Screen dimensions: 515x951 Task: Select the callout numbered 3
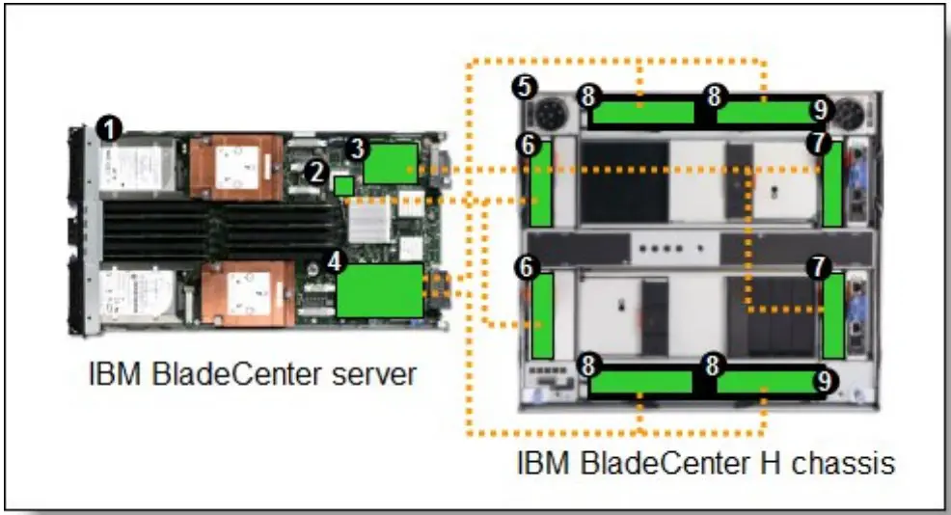pos(356,149)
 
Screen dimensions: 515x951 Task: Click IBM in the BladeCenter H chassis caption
pos(538,464)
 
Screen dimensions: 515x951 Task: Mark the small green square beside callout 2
pos(342,184)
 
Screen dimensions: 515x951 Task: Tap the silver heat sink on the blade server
pos(367,224)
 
